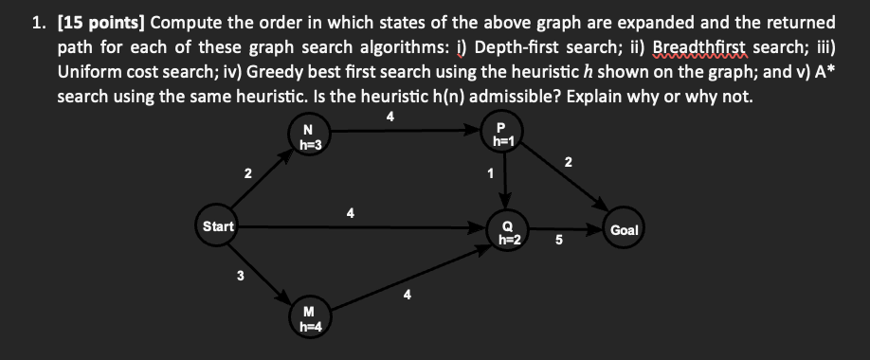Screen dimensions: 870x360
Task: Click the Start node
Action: (x=218, y=226)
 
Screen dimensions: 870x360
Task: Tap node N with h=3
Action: (x=307, y=137)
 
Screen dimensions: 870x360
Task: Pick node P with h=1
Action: (x=501, y=135)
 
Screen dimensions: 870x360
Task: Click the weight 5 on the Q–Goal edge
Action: (x=558, y=240)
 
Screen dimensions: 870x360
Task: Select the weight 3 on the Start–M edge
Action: (x=240, y=277)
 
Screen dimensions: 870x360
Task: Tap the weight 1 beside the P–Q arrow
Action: (x=490, y=174)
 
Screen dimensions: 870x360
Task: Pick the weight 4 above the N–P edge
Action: (x=390, y=117)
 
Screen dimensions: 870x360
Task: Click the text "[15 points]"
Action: (x=99, y=21)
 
